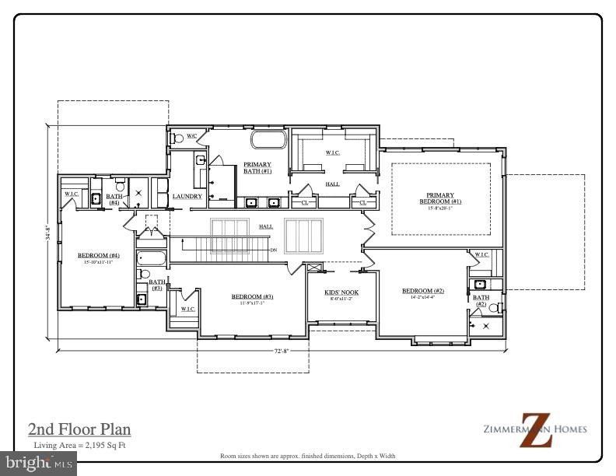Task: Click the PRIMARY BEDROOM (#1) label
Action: tap(440, 198)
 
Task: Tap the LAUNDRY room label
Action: tap(187, 197)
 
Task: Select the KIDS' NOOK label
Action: tap(338, 295)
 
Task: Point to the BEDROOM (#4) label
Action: tap(99, 257)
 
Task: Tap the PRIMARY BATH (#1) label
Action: tap(257, 167)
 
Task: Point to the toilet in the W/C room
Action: tap(177, 138)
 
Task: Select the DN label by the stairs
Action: tap(273, 250)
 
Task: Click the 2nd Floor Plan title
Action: tap(79, 429)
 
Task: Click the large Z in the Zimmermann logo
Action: tap(536, 429)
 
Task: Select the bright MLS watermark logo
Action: tap(38, 464)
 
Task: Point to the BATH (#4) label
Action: tap(114, 199)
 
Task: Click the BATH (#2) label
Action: tap(481, 299)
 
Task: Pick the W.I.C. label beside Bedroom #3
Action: tap(188, 309)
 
